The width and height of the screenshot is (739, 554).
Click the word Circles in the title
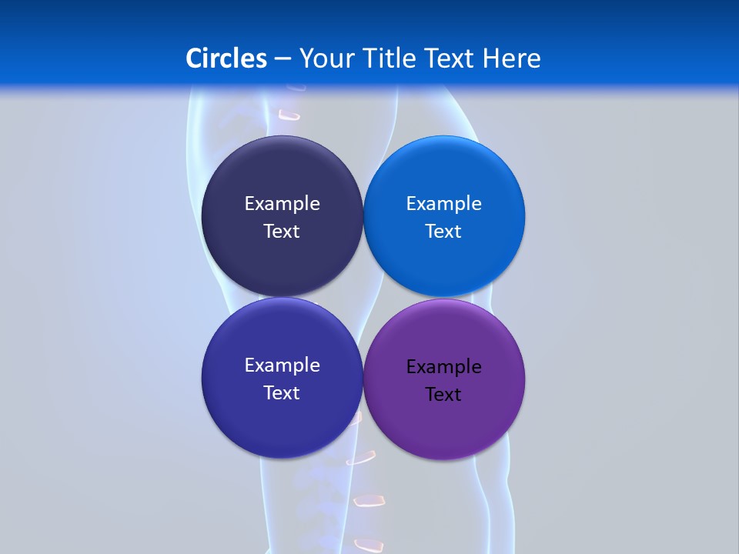226,58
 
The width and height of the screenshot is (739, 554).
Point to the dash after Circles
283,59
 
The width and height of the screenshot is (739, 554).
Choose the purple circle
444,423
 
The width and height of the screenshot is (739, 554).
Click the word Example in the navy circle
282,204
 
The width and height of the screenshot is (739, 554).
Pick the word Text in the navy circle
282,232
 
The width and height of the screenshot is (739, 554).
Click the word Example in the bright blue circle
443,204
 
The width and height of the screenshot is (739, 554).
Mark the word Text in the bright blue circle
443,232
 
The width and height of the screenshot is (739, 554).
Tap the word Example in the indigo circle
282,365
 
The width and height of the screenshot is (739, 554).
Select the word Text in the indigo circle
282,393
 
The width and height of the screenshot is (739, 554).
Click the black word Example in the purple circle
443,367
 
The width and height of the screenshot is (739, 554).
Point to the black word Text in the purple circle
443,395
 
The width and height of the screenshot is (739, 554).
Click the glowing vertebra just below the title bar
289,115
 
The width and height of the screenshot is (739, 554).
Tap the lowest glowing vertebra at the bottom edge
369,545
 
